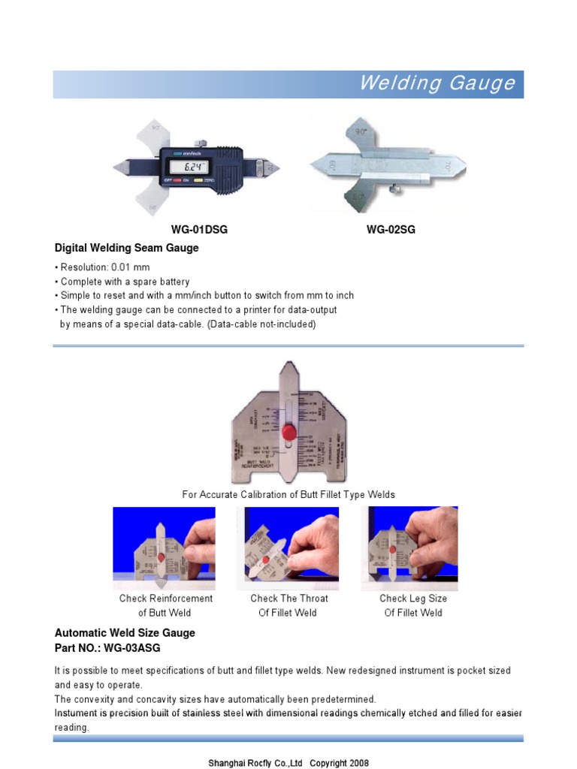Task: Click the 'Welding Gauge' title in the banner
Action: click(437, 83)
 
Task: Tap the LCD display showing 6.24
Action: click(189, 167)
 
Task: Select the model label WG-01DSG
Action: click(199, 230)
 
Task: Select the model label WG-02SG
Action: click(391, 230)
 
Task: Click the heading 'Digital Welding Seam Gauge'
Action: click(127, 248)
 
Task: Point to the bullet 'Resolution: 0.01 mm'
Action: click(104, 267)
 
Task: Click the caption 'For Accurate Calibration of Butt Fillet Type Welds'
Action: click(288, 494)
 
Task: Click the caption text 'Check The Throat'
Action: click(289, 599)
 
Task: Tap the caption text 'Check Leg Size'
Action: click(413, 599)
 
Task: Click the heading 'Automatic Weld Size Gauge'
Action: click(125, 633)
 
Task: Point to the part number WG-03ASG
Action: click(133, 647)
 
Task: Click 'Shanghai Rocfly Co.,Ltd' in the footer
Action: click(255, 763)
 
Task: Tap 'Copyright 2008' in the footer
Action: click(339, 763)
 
